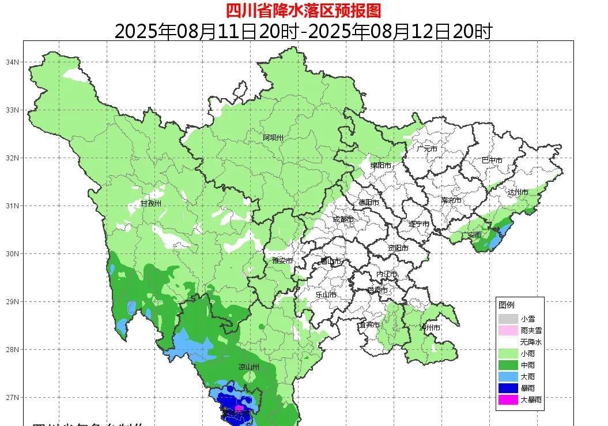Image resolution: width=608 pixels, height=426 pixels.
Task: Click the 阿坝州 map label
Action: click(273, 137)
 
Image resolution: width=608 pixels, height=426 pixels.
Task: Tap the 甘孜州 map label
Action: click(151, 204)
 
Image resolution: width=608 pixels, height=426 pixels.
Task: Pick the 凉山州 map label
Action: click(249, 367)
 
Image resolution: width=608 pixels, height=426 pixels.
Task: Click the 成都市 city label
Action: click(343, 219)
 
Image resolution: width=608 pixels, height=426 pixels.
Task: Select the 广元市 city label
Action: click(426, 149)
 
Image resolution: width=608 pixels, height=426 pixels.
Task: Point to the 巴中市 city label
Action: click(492, 160)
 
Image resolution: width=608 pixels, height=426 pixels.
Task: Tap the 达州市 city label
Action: click(518, 192)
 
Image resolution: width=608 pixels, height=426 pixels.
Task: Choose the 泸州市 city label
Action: click(430, 328)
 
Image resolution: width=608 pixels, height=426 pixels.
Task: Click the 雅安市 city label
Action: click(282, 261)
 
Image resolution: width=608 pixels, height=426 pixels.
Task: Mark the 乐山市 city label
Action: click(326, 295)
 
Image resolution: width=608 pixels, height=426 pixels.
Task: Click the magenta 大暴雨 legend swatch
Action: click(508, 399)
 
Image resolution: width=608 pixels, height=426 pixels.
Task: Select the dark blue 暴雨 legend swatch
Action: click(508, 388)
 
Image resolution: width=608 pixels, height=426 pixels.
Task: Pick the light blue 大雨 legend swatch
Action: click(508, 376)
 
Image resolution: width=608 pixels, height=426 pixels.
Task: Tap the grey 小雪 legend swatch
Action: click(508, 319)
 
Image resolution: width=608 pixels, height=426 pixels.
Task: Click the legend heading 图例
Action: click(507, 305)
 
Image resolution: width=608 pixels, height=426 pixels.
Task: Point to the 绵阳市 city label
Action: click(380, 166)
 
